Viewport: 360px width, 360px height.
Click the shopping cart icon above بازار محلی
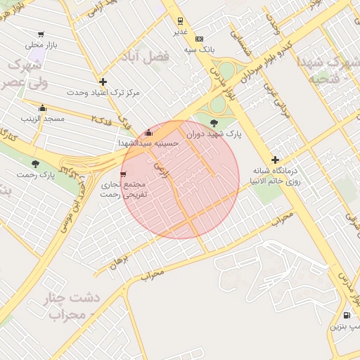pyautogui.click(x=41, y=34)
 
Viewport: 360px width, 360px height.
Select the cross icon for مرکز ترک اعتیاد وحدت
pyautogui.click(x=103, y=82)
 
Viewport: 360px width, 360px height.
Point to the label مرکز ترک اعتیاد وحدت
pyautogui.click(x=104, y=92)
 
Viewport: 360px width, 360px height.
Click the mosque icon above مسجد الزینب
pyautogui.click(x=43, y=108)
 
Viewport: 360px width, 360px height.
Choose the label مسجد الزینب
pyautogui.click(x=44, y=119)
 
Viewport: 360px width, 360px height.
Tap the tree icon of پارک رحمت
pyautogui.click(x=36, y=163)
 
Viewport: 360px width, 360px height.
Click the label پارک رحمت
pyautogui.click(x=36, y=174)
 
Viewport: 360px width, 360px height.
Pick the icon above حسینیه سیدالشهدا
pyautogui.click(x=148, y=132)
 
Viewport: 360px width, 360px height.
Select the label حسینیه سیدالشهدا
pyautogui.click(x=148, y=143)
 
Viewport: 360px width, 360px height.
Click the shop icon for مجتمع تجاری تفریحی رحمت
pyautogui.click(x=124, y=174)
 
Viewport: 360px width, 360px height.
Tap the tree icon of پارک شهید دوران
pyautogui.click(x=214, y=123)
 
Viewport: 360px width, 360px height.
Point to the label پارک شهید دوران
pyautogui.click(x=214, y=133)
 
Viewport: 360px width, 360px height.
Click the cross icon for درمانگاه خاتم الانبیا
pyautogui.click(x=275, y=160)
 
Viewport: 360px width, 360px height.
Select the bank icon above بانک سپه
pyautogui.click(x=199, y=39)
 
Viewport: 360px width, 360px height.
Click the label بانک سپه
pyautogui.click(x=199, y=50)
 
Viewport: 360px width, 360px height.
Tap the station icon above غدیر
pyautogui.click(x=181, y=21)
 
